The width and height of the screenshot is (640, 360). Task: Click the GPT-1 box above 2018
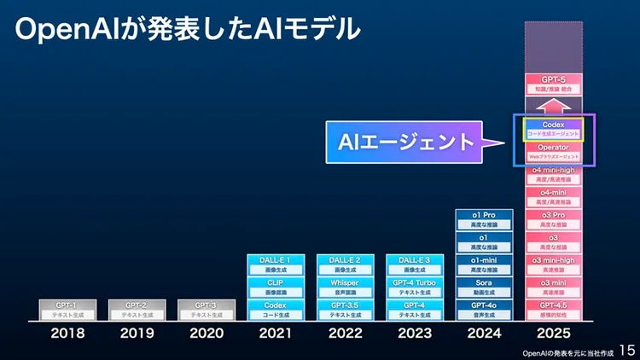tap(67, 309)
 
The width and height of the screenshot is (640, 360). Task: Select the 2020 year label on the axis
tap(207, 334)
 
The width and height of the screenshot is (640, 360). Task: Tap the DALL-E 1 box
tap(276, 264)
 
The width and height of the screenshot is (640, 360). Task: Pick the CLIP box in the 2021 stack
tap(276, 287)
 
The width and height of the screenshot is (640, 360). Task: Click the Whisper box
tap(345, 287)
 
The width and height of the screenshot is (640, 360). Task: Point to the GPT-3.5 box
tap(345, 309)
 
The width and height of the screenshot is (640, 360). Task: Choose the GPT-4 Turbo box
tap(415, 287)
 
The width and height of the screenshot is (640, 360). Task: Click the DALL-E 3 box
tap(415, 264)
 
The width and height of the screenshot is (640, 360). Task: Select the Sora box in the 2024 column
tap(484, 287)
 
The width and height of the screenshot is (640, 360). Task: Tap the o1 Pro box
tap(484, 220)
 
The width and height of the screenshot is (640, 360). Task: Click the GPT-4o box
tap(484, 309)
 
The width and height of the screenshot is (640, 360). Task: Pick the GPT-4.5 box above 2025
tap(553, 309)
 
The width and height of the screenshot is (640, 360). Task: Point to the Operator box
tap(553, 152)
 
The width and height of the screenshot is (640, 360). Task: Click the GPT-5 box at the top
tap(553, 84)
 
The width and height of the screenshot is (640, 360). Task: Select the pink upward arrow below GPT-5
tap(553, 106)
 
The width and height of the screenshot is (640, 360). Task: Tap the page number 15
tap(626, 350)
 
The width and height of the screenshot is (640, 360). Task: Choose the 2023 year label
tap(415, 334)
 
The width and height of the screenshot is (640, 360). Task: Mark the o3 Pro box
tap(553, 220)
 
